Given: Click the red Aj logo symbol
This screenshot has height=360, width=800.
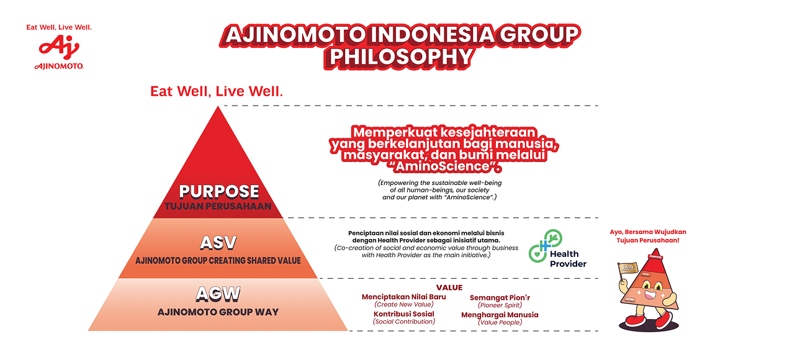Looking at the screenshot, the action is [x=59, y=47].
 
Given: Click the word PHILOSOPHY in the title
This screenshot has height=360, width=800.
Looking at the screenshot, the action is [x=400, y=57].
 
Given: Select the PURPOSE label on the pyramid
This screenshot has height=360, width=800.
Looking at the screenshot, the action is [x=219, y=191].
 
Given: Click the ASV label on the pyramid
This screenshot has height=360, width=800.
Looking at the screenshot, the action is [x=218, y=243].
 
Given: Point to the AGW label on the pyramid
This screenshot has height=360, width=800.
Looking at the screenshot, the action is [x=218, y=294].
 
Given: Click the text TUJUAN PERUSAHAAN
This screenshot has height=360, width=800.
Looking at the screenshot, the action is [x=218, y=207].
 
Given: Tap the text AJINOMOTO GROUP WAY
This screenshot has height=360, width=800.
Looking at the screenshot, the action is [x=218, y=312].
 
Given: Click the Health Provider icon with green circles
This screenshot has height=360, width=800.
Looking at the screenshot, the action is [x=546, y=246].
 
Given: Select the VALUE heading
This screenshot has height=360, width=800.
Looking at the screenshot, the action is [x=449, y=287].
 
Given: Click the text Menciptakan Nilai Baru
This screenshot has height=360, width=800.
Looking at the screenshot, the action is [x=404, y=297].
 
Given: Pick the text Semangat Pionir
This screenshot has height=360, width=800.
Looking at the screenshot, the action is [x=500, y=297].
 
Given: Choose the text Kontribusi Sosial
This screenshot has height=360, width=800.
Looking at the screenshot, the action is [x=404, y=314].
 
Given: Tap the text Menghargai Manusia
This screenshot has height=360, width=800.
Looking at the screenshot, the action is [x=500, y=315].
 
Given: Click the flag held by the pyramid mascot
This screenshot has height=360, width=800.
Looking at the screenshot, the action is [x=628, y=268].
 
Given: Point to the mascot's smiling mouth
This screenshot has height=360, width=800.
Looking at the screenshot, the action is [x=650, y=295].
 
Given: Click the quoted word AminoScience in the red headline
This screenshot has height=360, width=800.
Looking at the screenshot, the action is [x=443, y=166].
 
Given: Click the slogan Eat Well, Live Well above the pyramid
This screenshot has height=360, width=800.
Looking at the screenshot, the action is [x=217, y=91].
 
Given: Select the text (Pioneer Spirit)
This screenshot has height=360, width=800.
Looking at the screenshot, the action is [x=500, y=305].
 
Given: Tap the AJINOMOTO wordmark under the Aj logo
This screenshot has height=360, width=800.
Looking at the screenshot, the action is [x=59, y=66].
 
